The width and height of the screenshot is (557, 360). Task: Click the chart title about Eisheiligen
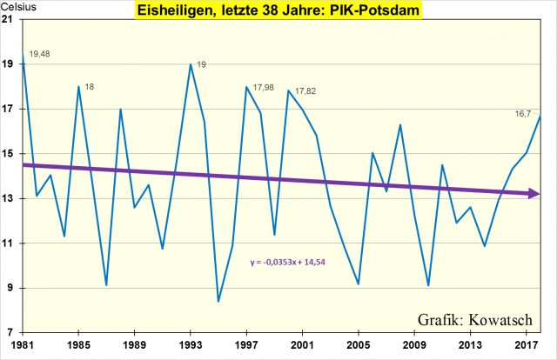278,11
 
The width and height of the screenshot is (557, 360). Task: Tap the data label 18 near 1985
90,86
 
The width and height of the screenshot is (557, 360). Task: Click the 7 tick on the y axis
11,333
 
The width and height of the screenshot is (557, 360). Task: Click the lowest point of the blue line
218,302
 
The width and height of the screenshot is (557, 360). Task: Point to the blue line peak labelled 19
191,64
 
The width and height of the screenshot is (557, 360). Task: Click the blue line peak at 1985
78,87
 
